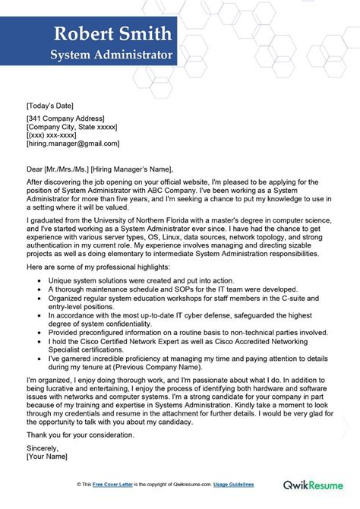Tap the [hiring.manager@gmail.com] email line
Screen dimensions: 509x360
click(72, 143)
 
